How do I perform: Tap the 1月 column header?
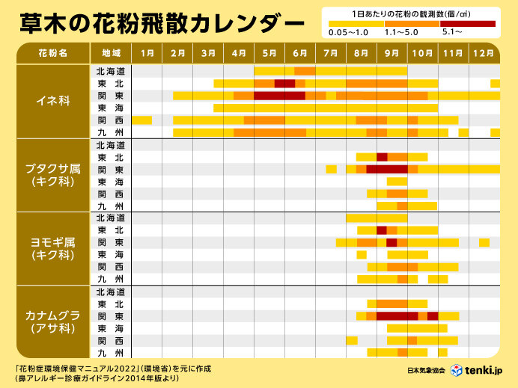147,53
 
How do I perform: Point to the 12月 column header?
484,53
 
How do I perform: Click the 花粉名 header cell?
52,53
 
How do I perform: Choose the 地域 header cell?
110,53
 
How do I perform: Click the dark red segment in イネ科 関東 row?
279,96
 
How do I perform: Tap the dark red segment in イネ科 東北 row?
284,83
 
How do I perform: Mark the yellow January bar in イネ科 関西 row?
141,120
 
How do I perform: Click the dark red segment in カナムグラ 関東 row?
397,316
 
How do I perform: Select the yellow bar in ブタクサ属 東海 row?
397,182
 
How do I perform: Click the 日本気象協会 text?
426,372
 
